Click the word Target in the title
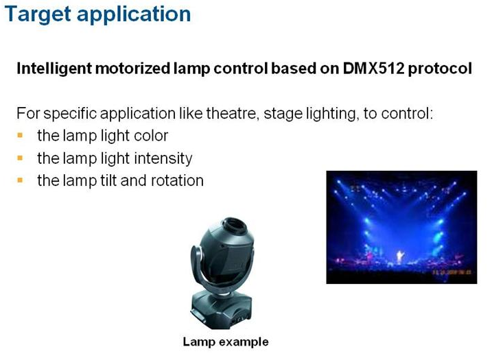(38, 14)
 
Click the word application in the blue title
(134, 14)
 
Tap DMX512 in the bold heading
(373, 68)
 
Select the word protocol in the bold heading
(440, 69)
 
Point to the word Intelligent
(54, 69)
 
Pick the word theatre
(233, 113)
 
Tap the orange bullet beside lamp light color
(20, 136)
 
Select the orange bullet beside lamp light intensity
(20, 158)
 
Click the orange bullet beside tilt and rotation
(20, 180)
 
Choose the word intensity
(163, 158)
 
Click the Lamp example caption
(226, 341)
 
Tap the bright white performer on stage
(400, 256)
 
